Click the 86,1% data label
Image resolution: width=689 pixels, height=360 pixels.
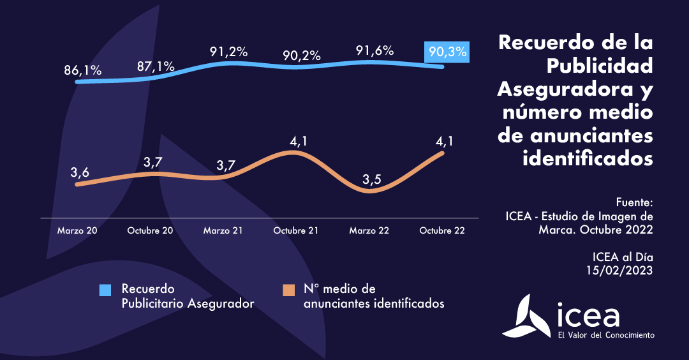point(83,70)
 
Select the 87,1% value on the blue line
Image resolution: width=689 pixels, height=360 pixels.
point(156,66)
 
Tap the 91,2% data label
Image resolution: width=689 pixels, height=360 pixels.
point(228,52)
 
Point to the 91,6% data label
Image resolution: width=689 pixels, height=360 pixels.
point(374,51)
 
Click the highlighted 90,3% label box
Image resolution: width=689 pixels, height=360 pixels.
point(447,52)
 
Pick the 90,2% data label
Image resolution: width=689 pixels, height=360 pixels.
point(301,56)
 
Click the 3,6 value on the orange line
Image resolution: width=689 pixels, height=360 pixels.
point(80,172)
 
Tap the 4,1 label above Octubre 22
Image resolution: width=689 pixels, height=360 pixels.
point(444,140)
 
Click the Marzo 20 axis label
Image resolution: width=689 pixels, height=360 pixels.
point(77,230)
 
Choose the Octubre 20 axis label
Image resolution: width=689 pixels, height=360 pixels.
point(151,230)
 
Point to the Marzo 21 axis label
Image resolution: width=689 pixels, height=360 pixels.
point(223,230)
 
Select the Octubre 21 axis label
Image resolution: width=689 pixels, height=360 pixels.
point(296,230)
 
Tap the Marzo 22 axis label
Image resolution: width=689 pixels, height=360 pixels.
point(369,230)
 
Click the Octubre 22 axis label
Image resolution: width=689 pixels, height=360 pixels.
point(442,230)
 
